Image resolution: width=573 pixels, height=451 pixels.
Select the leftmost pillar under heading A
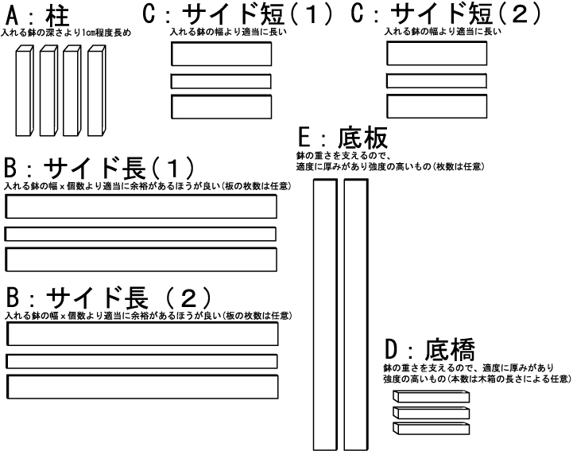25,92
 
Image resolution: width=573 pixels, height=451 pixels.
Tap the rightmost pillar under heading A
97,92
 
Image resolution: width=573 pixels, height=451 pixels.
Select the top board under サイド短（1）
222,53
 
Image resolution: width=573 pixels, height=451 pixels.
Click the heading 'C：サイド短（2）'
444,15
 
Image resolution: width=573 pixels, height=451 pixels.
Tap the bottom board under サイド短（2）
436,106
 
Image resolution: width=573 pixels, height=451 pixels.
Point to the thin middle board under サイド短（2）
436,80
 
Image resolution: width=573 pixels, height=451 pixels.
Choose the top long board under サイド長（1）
141,206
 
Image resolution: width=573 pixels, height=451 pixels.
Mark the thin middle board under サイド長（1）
141,234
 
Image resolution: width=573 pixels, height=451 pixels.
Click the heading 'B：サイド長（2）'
107,298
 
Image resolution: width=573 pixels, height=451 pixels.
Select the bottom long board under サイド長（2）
143,387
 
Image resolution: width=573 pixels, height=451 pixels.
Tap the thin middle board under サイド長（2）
143,361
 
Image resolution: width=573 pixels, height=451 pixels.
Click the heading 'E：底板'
342,138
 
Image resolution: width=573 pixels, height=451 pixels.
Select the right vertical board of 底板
355,314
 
